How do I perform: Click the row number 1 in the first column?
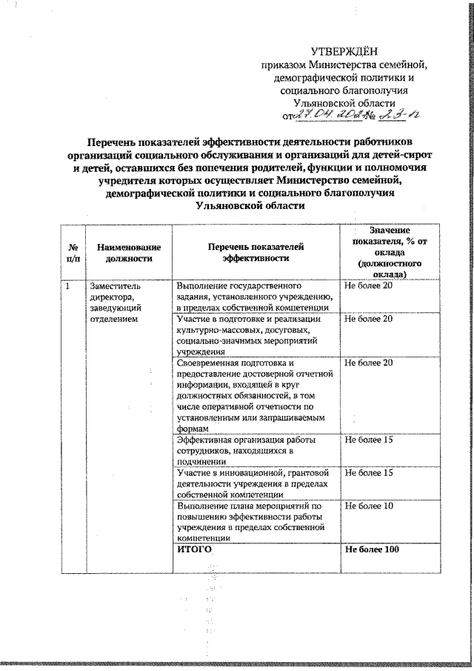click(67, 285)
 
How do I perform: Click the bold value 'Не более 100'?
click(372, 549)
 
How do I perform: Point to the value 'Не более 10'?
click(369, 506)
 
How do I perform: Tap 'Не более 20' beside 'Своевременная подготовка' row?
click(369, 363)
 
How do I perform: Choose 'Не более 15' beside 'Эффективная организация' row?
click(369, 441)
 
